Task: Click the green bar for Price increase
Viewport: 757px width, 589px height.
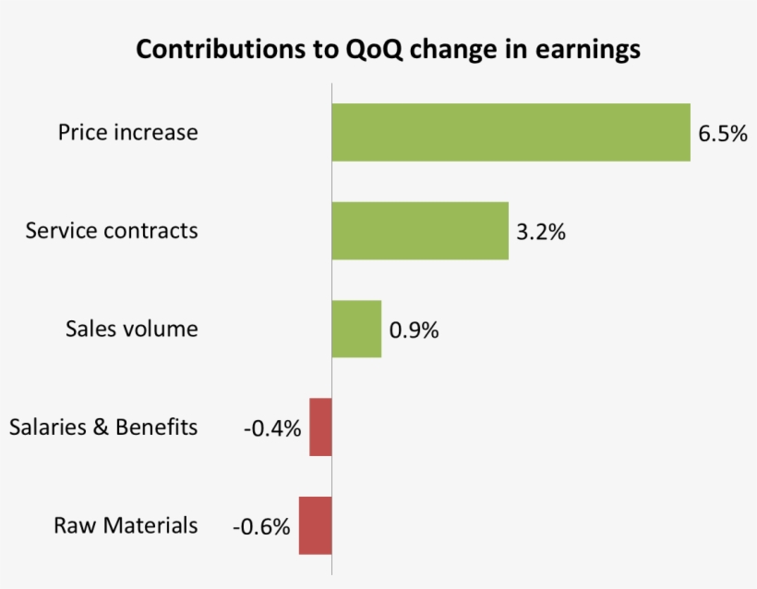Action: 511,132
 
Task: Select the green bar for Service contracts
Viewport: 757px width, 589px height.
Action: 420,231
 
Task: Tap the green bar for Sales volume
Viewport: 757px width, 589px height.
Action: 356,329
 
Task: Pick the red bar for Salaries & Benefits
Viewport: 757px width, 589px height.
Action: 320,427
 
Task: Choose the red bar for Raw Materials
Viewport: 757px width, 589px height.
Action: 315,525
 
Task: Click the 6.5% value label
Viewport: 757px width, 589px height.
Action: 722,134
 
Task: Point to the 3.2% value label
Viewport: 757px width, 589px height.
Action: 541,232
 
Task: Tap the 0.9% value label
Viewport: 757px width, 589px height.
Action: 414,330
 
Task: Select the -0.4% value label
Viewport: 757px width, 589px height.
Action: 272,428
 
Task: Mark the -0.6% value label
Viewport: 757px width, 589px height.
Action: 261,527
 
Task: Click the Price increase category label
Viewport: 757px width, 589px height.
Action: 127,132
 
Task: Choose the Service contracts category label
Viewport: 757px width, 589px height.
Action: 112,230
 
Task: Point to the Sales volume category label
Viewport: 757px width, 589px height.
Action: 131,329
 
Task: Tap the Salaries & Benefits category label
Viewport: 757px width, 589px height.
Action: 103,427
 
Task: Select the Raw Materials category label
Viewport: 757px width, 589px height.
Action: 126,525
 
